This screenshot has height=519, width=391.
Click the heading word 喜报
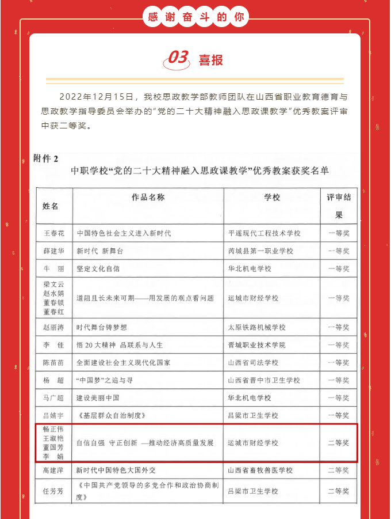coord(211,60)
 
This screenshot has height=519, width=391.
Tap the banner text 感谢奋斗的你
coord(196,17)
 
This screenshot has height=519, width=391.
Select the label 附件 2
coord(47,157)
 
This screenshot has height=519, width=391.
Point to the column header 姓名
coord(50,206)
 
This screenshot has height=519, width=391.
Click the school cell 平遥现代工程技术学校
coord(264,233)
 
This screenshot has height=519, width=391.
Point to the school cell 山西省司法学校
coord(253,363)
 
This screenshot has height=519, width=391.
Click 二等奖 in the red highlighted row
coord(338,443)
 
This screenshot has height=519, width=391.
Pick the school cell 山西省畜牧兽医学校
coord(260,471)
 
